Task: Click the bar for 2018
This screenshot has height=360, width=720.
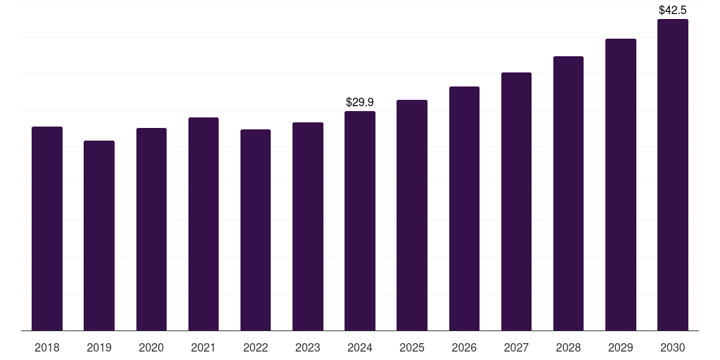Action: [x=47, y=229]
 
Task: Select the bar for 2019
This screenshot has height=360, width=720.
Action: [x=99, y=236]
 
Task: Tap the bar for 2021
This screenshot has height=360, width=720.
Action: [x=203, y=224]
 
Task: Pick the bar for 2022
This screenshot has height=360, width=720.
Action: [x=255, y=230]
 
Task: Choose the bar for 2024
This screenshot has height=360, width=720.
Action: [x=360, y=221]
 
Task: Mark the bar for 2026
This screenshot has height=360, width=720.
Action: [x=464, y=208]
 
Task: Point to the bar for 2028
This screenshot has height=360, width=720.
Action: [x=568, y=193]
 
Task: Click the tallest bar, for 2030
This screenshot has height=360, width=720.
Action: [x=673, y=174]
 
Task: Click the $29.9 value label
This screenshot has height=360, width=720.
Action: [x=360, y=103]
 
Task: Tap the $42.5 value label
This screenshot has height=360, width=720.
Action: [x=673, y=11]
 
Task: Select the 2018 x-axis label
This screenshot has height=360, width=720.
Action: [x=47, y=348]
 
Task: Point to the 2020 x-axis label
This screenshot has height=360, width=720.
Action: [x=151, y=348]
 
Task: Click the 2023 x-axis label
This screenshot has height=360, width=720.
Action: [x=308, y=348]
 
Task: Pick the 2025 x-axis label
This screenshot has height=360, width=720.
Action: [x=412, y=348]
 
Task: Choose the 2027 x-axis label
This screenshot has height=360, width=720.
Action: [x=516, y=348]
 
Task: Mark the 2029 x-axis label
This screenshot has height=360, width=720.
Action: [x=621, y=348]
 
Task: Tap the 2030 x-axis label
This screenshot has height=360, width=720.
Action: [x=673, y=348]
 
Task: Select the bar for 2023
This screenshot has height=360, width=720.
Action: [x=308, y=226]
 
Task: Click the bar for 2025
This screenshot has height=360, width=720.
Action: [x=412, y=215]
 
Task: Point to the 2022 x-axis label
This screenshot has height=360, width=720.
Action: [x=255, y=348]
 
